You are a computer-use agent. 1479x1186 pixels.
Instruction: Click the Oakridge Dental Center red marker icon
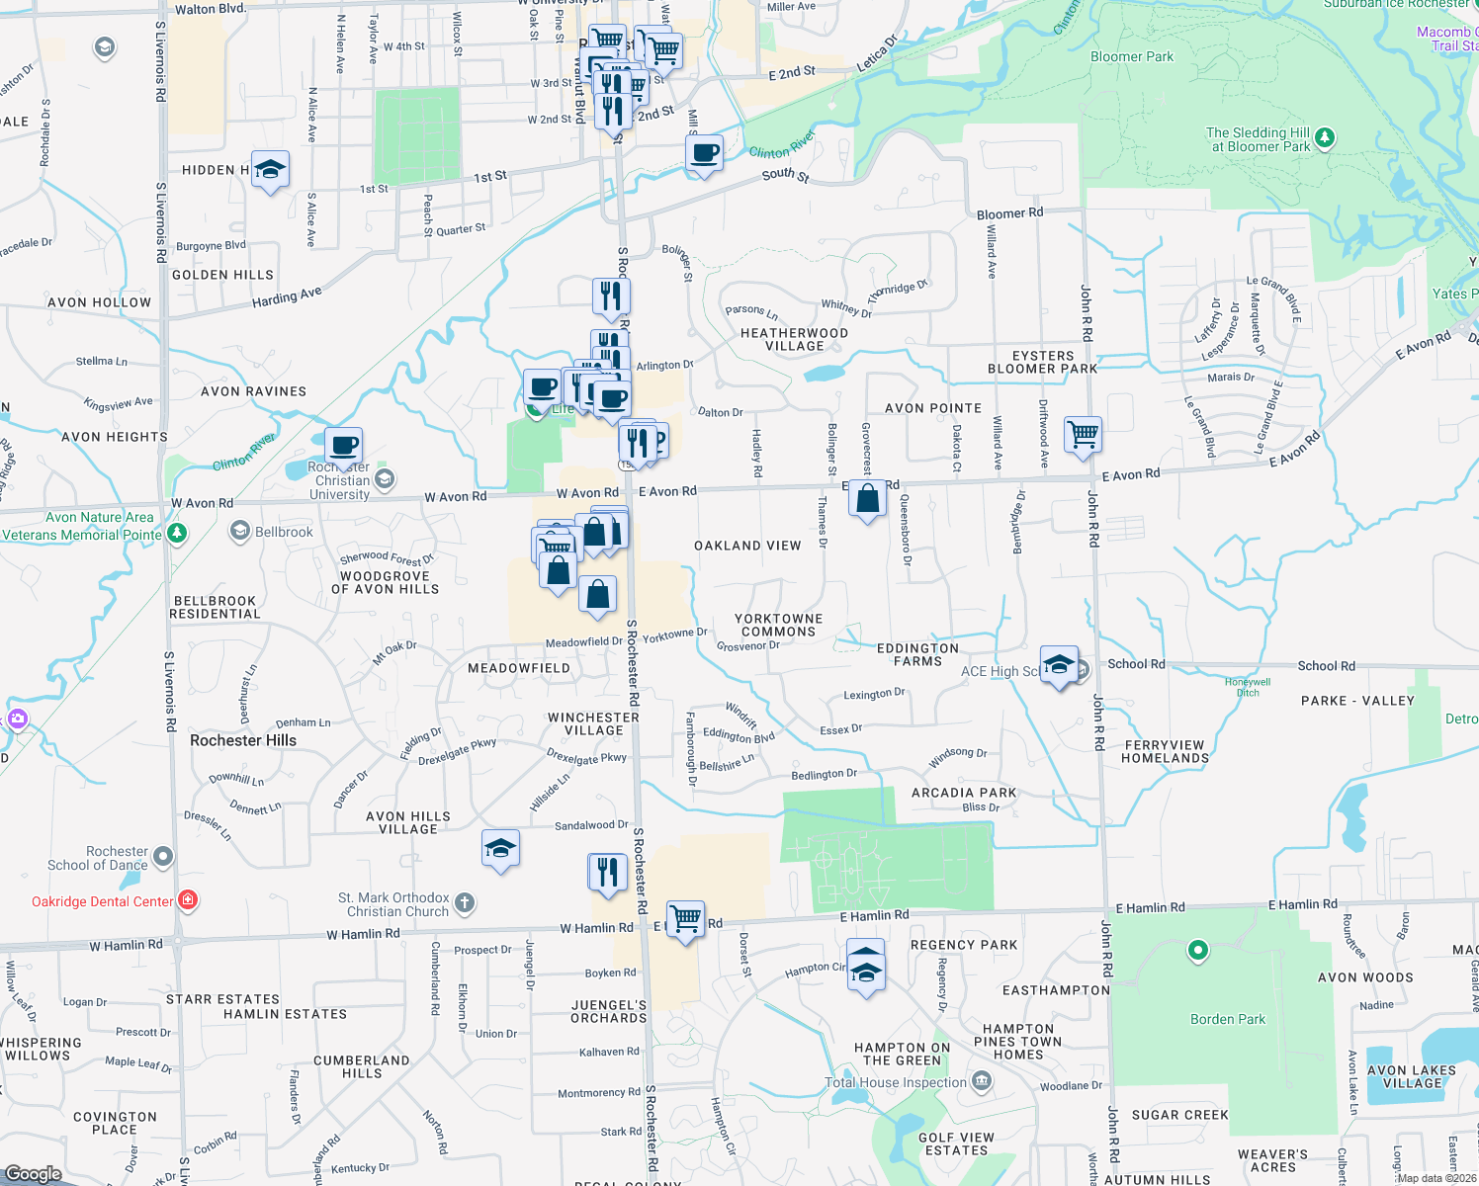[188, 900]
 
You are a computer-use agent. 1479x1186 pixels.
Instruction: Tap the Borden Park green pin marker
[1197, 951]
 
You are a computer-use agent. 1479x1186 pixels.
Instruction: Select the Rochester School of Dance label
[98, 858]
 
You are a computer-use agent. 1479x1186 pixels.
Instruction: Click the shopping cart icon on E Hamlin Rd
[685, 919]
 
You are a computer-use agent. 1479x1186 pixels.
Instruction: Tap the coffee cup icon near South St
[704, 154]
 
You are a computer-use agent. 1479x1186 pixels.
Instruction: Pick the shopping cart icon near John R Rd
[1084, 434]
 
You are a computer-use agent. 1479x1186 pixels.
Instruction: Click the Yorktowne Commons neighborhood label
[779, 625]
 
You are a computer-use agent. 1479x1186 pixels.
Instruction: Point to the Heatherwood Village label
[794, 339]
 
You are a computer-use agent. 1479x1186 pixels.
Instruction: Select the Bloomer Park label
[1132, 57]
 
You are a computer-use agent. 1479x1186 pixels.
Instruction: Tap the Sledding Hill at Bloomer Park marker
[1325, 138]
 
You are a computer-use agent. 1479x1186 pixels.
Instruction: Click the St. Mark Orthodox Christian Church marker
[465, 902]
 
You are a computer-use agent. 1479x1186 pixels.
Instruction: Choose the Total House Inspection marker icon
[981, 1080]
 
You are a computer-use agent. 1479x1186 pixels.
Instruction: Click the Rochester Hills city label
[243, 740]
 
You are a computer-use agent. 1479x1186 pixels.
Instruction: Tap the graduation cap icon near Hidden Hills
[270, 171]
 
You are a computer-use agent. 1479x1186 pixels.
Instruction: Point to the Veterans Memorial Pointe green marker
[177, 534]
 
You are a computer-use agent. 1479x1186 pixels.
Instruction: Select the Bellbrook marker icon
[239, 532]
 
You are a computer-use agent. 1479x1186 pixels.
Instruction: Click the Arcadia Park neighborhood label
[964, 793]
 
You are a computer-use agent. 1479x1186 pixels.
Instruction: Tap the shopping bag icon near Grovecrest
[867, 500]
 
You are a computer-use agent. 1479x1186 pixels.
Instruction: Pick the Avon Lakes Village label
[1412, 1076]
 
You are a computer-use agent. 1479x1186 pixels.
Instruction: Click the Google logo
[34, 1174]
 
